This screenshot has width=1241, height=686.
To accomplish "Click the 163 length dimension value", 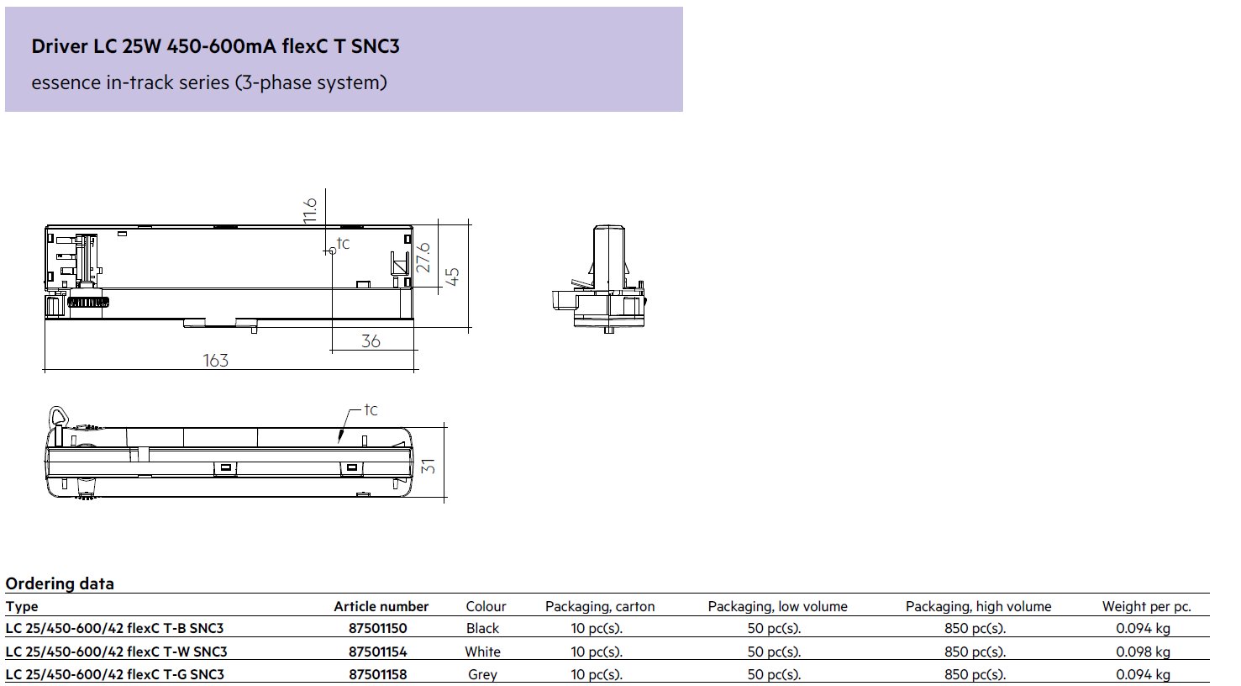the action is [x=215, y=361].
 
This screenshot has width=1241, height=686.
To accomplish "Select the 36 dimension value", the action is [x=371, y=340].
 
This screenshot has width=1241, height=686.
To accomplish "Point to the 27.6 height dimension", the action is [x=423, y=257].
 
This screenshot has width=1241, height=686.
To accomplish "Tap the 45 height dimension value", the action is [x=453, y=277].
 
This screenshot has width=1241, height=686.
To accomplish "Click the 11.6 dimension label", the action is [x=310, y=210].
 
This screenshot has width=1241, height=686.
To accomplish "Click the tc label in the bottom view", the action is [x=371, y=410].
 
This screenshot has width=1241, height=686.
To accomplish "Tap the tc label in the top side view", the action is [x=343, y=243].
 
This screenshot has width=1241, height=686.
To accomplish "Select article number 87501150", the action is [x=378, y=628].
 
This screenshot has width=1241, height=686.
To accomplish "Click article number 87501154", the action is [x=378, y=652].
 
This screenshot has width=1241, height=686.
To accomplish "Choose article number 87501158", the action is [x=378, y=674].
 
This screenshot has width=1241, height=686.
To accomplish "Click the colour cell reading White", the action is [x=482, y=652].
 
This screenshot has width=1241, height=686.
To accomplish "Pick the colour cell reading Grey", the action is [x=482, y=674].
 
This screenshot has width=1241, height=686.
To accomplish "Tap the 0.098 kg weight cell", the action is [x=1143, y=652].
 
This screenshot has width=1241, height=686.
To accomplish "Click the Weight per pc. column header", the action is [x=1147, y=607].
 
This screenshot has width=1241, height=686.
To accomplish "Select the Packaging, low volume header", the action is [x=778, y=607].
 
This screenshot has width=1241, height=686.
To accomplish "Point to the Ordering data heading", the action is [x=60, y=583].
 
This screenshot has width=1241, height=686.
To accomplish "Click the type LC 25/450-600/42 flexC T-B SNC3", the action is [x=114, y=628].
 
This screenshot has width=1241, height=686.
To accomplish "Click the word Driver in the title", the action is [x=60, y=46].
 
